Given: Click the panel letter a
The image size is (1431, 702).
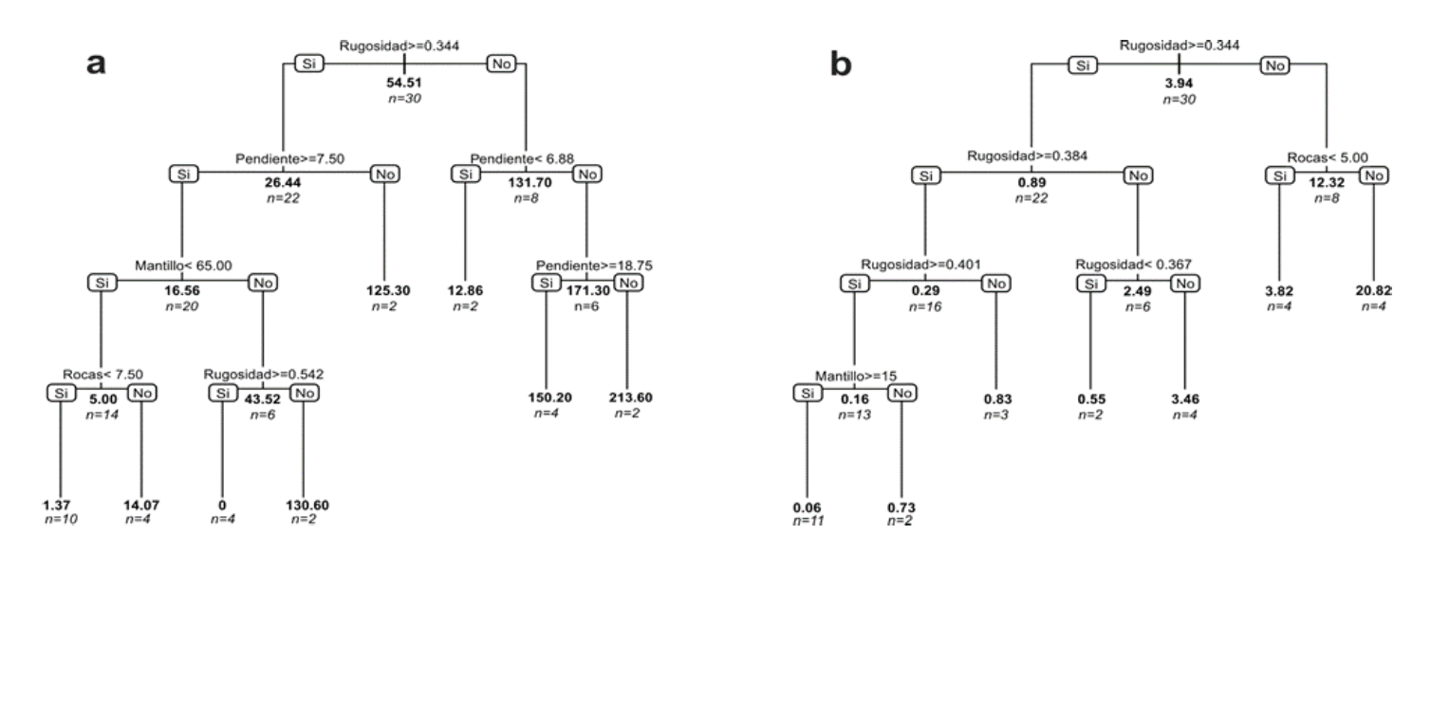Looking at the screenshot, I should (96, 65).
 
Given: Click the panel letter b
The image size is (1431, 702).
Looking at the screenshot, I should (841, 65).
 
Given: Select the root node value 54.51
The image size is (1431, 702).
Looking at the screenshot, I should (405, 83).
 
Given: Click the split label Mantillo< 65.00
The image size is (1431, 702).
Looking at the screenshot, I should (181, 267).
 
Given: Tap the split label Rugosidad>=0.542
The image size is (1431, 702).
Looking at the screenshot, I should (263, 374).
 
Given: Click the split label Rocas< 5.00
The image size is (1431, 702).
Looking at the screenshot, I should (1328, 157).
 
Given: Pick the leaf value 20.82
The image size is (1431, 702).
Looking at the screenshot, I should (1373, 290).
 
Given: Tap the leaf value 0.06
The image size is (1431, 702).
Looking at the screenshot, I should (807, 508).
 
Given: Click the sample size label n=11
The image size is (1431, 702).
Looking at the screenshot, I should (807, 521).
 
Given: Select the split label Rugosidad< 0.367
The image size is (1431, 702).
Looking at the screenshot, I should (1138, 265).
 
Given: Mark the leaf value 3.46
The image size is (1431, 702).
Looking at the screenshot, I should (1184, 398).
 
